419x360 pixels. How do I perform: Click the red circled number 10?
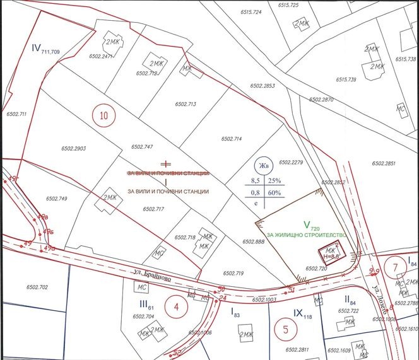click(x=104, y=115)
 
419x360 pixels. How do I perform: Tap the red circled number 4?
click(x=177, y=307)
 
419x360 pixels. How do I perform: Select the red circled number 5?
click(x=285, y=328)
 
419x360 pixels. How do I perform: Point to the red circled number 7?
click(x=395, y=267)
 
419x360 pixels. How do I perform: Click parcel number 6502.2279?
click(x=291, y=162)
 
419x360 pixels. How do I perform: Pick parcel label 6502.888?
click(x=252, y=241)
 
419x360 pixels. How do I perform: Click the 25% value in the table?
click(x=275, y=181)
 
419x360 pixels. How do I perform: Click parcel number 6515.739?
click(x=346, y=79)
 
